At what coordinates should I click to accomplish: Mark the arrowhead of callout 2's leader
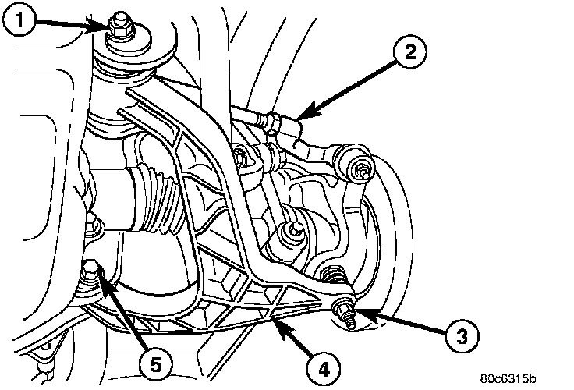(x=298, y=118)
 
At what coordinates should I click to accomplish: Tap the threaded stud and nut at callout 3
(x=345, y=313)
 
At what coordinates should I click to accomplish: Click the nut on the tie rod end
(x=361, y=172)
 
